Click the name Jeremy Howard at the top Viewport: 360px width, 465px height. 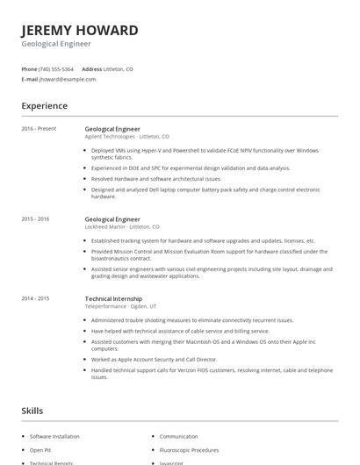[x=80, y=30]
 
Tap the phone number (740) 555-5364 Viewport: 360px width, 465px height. [x=56, y=68]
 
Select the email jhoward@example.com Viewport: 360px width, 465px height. [x=68, y=79]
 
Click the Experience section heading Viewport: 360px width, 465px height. [x=45, y=106]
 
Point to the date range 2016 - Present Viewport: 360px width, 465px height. [x=39, y=129]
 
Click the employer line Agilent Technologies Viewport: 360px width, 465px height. [x=126, y=137]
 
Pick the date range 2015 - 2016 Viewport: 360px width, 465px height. [x=36, y=218]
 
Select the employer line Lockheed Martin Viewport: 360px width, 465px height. [x=122, y=226]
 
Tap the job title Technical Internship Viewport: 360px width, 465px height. [x=114, y=298]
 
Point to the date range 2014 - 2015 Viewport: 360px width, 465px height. [x=36, y=298]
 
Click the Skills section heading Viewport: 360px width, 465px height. [x=32, y=411]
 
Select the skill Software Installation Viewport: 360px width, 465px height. [x=54, y=436]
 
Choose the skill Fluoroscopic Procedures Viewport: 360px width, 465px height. [x=190, y=449]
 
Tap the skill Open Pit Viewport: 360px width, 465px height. [x=40, y=449]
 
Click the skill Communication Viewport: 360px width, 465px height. [x=178, y=436]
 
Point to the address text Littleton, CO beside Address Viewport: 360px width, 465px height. [x=119, y=68]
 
